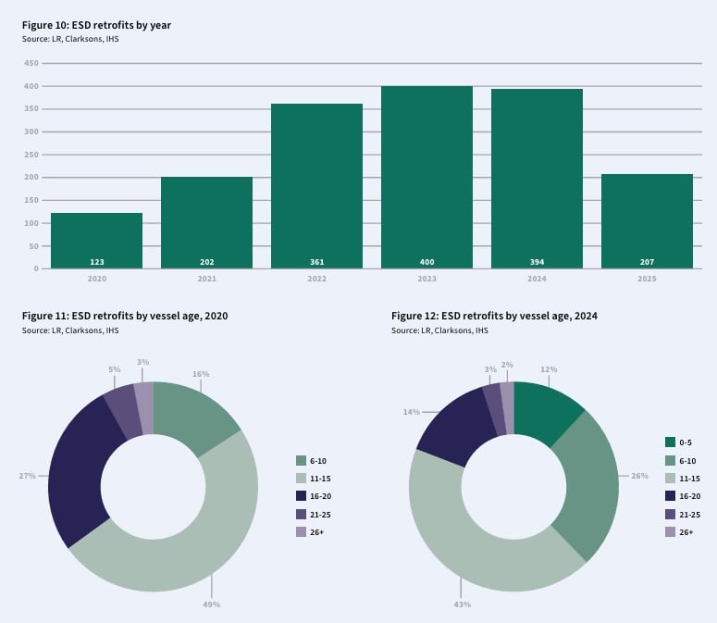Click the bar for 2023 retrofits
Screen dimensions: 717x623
pyautogui.click(x=426, y=177)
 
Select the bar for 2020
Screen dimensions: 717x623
pyautogui.click(x=96, y=241)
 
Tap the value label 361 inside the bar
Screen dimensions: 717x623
pyautogui.click(x=317, y=262)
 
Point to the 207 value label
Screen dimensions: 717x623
pyautogui.click(x=647, y=262)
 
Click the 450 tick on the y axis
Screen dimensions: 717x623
pyautogui.click(x=31, y=63)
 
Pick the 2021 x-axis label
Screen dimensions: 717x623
pyautogui.click(x=206, y=279)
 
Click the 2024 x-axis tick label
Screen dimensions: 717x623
pyautogui.click(x=537, y=279)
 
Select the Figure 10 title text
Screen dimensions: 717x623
pyautogui.click(x=96, y=25)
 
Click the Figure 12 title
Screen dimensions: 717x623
pyautogui.click(x=494, y=316)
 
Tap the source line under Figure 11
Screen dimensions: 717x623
pyautogui.click(x=70, y=330)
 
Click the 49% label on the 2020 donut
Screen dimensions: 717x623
pyautogui.click(x=211, y=604)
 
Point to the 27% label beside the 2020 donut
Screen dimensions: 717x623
pyautogui.click(x=27, y=476)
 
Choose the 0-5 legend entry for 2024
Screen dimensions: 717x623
pyautogui.click(x=678, y=442)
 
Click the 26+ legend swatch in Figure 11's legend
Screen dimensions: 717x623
pyautogui.click(x=301, y=532)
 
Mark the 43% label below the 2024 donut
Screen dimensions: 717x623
pyautogui.click(x=463, y=604)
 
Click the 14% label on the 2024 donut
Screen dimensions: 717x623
pyautogui.click(x=411, y=412)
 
